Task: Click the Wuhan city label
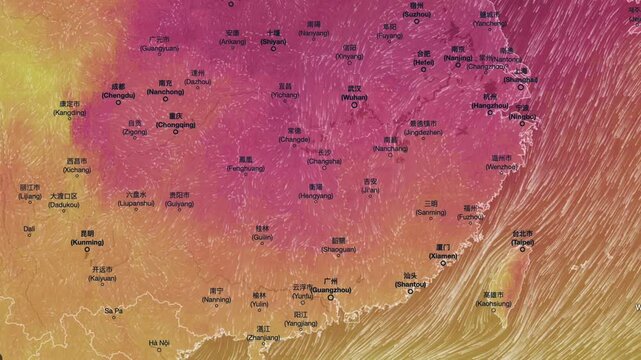[354, 96]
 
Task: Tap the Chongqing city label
[181, 124]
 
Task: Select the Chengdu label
[118, 95]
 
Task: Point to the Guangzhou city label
[331, 289]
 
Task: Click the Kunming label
[86, 242]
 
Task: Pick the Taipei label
[522, 241]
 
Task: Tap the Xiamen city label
[443, 255]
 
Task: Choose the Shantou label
[410, 284]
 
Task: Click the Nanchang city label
[390, 148]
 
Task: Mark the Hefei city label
[424, 62]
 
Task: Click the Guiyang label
[180, 203]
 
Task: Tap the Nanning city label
[217, 299]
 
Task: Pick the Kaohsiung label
[494, 303]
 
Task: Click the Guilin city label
[262, 237]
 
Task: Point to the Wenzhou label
[501, 166]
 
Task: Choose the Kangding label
[69, 112]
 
